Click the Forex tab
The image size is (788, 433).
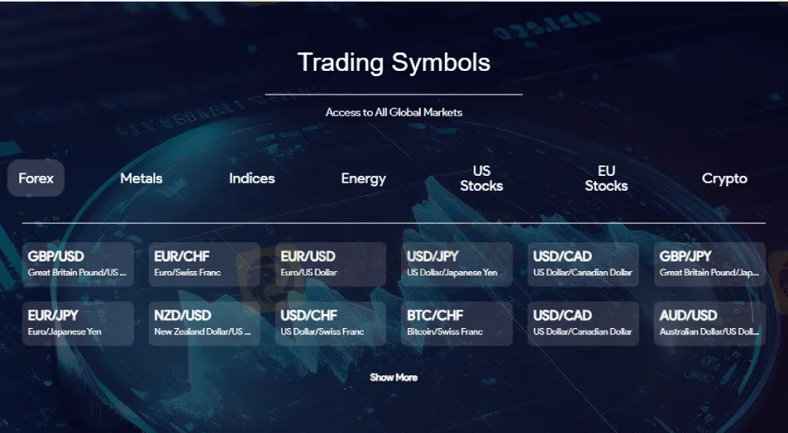pos(36,178)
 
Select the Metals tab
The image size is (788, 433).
pos(141,178)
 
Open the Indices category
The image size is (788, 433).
pos(252,178)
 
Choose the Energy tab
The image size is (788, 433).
pos(363,178)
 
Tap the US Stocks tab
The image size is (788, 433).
pos(482,178)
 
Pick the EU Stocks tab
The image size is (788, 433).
pos(606,178)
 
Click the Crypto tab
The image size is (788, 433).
pos(724,178)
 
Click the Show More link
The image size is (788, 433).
pos(393,377)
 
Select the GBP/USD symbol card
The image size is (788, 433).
pos(78,265)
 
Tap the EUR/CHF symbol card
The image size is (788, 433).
pos(205,265)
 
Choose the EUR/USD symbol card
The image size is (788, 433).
pos(331,265)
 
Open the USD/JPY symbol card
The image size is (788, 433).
pos(457,265)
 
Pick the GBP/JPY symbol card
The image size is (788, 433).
pos(709,265)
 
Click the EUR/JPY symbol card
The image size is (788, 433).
pos(78,324)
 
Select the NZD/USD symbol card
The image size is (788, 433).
pos(205,324)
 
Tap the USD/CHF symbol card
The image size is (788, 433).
pos(331,324)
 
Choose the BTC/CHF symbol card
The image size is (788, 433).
pos(457,324)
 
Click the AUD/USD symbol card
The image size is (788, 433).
pos(709,324)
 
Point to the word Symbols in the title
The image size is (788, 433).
pos(440,63)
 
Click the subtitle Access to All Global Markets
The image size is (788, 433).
pos(393,113)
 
